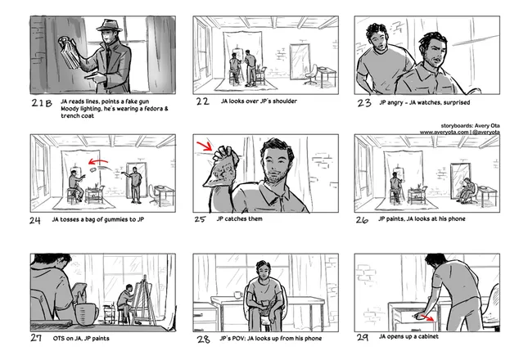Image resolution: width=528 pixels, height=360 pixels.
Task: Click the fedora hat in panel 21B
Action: (109, 26)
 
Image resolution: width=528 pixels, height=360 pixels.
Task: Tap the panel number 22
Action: (203, 101)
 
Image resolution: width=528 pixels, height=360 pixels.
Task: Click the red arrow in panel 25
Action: (205, 146)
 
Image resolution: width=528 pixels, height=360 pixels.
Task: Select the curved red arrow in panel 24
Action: (98, 163)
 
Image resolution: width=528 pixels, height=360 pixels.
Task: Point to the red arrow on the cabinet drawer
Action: (427, 317)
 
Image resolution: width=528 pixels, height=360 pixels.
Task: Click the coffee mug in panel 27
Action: (87, 313)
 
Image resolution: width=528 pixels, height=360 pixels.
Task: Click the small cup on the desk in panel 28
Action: (237, 295)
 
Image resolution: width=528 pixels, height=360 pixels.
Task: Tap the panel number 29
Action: (363, 337)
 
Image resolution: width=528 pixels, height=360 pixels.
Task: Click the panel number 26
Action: (362, 220)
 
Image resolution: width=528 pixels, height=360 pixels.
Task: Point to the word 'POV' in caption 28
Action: (239, 338)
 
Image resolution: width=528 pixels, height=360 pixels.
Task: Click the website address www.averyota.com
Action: (444, 133)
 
